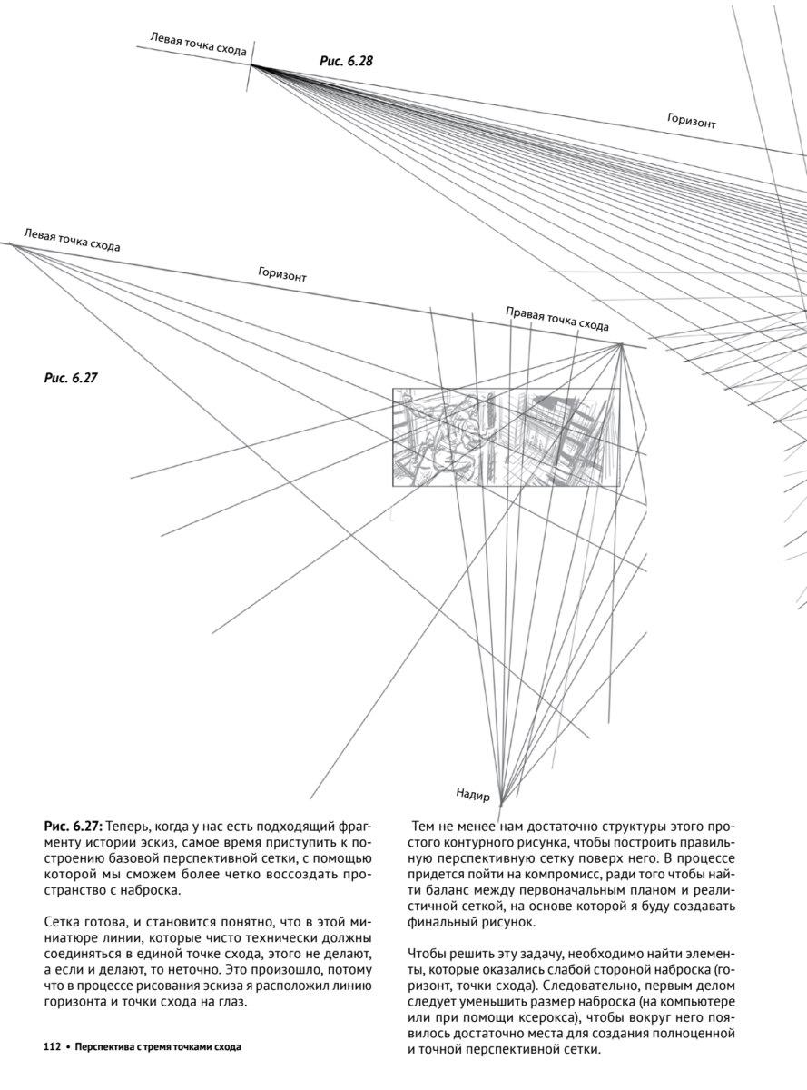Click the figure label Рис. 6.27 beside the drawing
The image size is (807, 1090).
(x=70, y=377)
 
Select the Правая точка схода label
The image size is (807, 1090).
(x=556, y=319)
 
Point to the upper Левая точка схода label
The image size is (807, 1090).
(x=198, y=45)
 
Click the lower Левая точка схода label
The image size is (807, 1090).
(x=72, y=240)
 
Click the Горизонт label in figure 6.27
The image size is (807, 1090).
(x=281, y=274)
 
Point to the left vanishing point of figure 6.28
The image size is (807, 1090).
(x=251, y=64)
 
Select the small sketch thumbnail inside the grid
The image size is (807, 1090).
(x=506, y=437)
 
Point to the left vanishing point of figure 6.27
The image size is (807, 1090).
(x=12, y=244)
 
